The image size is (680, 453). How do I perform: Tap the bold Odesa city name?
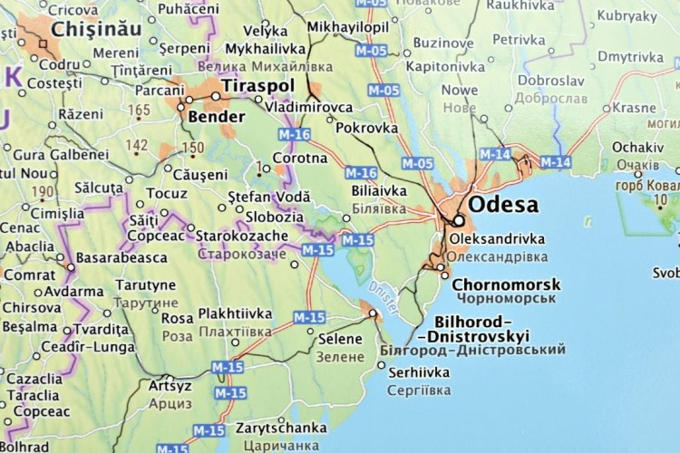pyautogui.click(x=502, y=205)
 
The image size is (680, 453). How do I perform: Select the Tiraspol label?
pyautogui.click(x=257, y=85)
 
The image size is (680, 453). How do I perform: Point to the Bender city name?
pyautogui.click(x=216, y=117)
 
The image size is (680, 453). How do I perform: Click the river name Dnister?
pyautogui.click(x=384, y=299)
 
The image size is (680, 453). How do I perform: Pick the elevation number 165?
pyautogui.click(x=139, y=111)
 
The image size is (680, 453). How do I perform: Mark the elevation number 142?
pyautogui.click(x=136, y=145)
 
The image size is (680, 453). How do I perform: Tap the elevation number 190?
pyautogui.click(x=43, y=191)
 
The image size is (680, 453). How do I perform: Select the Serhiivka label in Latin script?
pyautogui.click(x=419, y=372)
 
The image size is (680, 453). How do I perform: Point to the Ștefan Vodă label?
pyautogui.click(x=268, y=197)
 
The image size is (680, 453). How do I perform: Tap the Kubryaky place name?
pyautogui.click(x=627, y=15)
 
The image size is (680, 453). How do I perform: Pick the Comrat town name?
pyautogui.click(x=28, y=274)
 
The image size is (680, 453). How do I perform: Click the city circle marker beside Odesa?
pyautogui.click(x=459, y=220)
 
